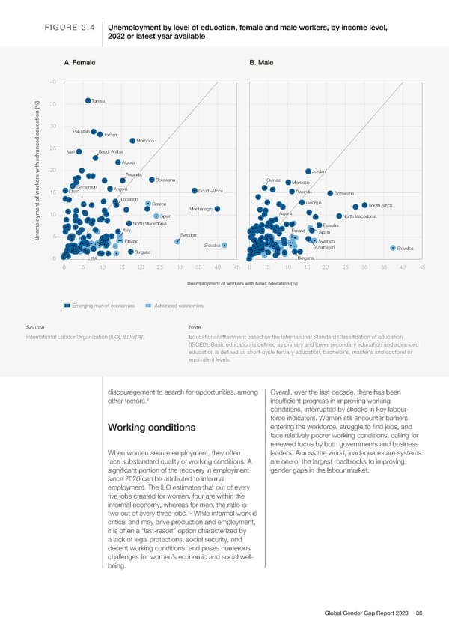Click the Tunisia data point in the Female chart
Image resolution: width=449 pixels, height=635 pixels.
point(88,100)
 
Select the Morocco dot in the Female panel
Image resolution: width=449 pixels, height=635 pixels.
point(132,141)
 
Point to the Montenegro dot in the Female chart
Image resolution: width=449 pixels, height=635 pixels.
point(217,209)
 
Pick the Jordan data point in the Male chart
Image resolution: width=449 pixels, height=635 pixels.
point(307,171)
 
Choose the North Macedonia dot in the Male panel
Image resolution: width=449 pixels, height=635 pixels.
point(339,216)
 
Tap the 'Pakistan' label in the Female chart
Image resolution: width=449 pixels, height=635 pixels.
point(81,132)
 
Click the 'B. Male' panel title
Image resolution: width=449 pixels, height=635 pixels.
point(260,62)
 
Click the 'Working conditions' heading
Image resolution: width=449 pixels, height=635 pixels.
point(152,428)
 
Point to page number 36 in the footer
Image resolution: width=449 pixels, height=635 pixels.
point(418,613)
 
